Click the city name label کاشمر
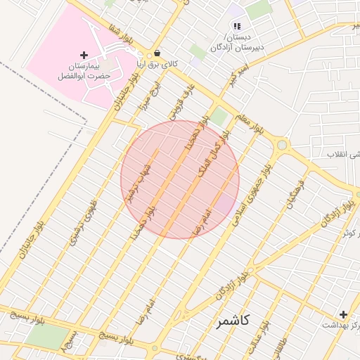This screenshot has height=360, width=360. (233, 321)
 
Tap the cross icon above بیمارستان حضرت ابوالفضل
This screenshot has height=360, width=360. (84, 55)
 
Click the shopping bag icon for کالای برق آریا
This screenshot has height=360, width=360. (157, 53)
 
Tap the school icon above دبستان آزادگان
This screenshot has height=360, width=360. (237, 26)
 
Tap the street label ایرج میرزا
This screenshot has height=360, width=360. (155, 95)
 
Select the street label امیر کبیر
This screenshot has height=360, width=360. (229, 80)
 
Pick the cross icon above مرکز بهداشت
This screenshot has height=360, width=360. (343, 314)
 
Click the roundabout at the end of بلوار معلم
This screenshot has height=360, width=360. (283, 145)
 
